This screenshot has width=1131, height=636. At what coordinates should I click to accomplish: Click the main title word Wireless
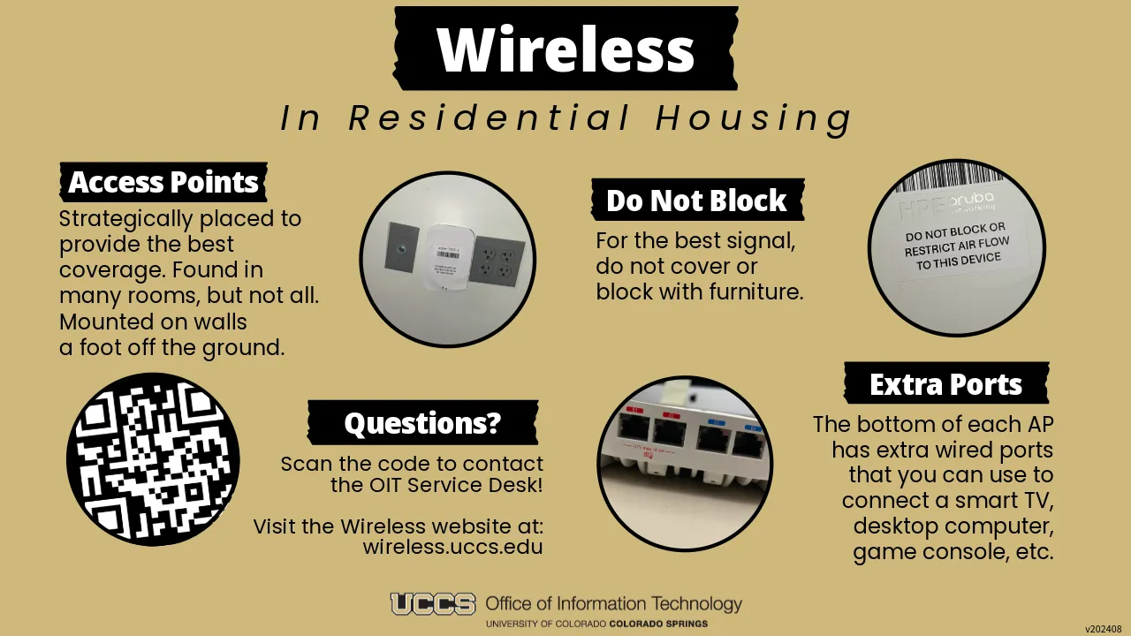click(565, 49)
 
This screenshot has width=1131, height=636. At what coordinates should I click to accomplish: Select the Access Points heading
click(163, 182)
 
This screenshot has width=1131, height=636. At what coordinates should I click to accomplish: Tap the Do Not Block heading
click(696, 201)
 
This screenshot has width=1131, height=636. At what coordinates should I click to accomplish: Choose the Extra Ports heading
click(945, 384)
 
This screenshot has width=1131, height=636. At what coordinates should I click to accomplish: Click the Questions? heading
click(422, 423)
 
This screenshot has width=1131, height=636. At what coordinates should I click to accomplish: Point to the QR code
click(153, 459)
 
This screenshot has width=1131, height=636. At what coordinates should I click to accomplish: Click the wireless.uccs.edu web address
click(452, 547)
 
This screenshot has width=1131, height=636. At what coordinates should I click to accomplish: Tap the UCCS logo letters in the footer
click(433, 604)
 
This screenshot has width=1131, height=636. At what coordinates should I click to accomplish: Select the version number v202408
click(1104, 629)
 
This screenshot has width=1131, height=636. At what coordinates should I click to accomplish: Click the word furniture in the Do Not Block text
click(757, 291)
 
